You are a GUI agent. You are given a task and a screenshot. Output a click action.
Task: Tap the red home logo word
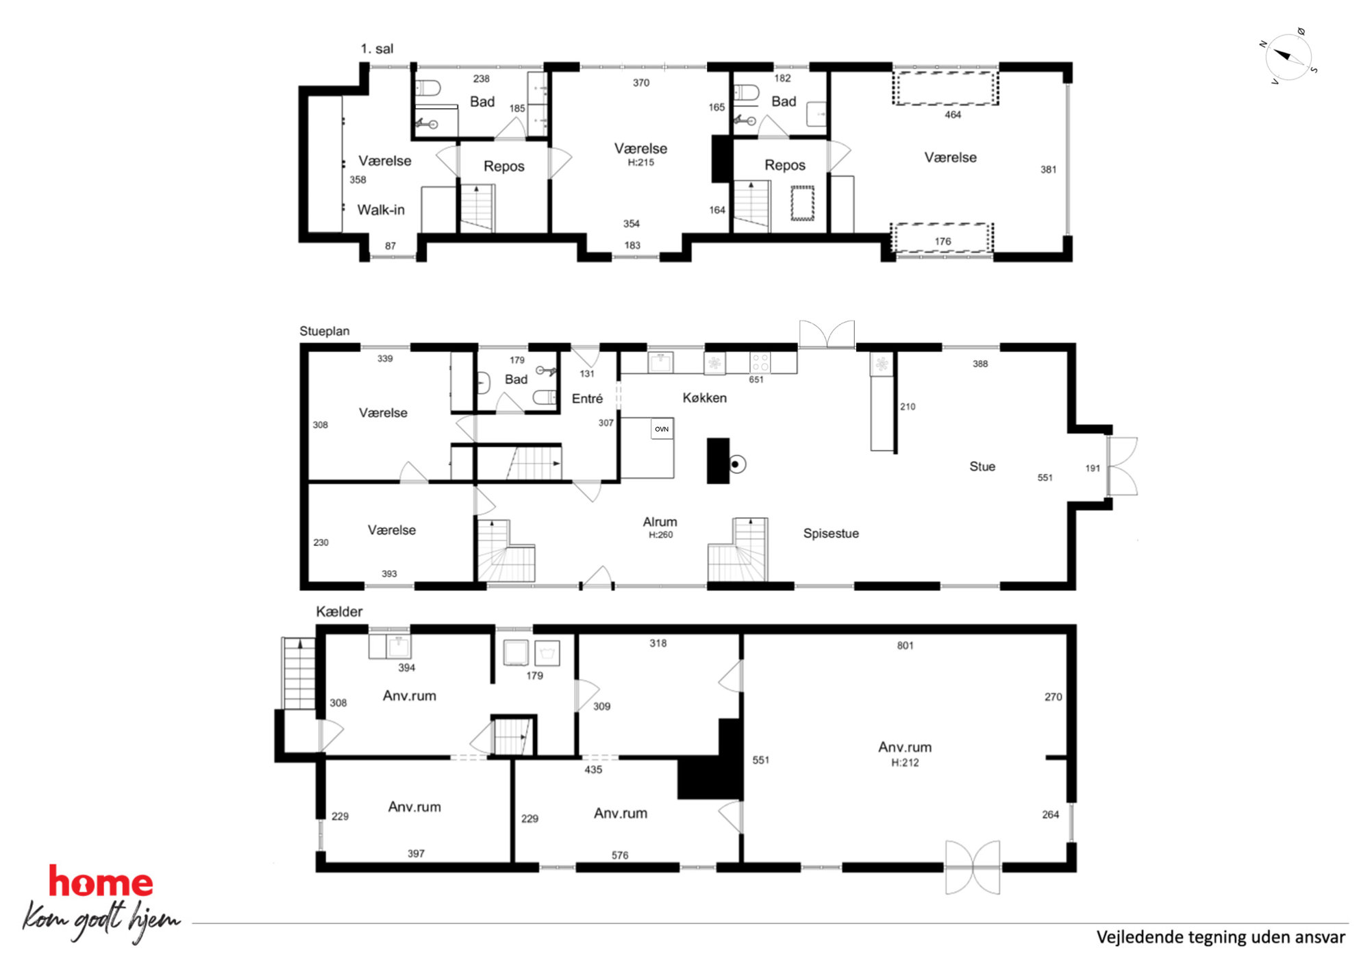101,882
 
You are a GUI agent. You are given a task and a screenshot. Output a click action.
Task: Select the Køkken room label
704,398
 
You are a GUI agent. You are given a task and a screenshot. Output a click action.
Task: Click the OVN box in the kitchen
662,429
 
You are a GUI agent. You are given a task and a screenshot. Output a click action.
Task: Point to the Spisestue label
831,534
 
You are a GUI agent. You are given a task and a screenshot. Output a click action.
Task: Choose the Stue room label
982,466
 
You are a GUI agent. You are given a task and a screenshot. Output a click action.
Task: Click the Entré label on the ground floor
587,399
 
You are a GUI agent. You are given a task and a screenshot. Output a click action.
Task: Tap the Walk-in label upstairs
381,210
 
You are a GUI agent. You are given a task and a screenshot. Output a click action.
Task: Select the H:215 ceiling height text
641,163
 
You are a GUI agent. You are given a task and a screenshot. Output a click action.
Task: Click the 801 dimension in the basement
905,645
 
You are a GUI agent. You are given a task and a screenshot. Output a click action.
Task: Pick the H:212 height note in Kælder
905,762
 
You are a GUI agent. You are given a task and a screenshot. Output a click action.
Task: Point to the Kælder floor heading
339,612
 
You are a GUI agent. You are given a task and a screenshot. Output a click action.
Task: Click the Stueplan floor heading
325,332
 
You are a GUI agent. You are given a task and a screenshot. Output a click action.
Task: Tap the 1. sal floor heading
377,49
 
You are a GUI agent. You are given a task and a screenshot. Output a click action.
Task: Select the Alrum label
660,522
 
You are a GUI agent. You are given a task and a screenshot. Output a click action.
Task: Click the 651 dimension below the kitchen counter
756,379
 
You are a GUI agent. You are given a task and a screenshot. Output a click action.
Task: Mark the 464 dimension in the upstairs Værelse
953,115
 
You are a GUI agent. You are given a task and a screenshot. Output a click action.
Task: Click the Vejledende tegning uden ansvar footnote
1221,937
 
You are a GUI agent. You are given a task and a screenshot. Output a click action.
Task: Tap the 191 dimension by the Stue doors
1093,469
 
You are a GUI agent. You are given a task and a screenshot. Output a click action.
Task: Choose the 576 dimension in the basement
620,855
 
